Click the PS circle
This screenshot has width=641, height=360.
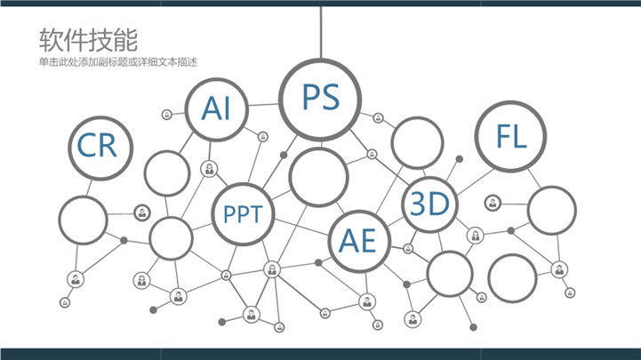click(320, 60)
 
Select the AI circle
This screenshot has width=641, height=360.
click(217, 79)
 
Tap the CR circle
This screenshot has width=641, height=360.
click(100, 117)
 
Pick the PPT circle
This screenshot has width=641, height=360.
click(243, 185)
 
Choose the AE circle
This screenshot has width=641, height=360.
click(359, 212)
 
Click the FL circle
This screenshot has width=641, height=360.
click(510, 102)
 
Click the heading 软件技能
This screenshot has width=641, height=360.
click(88, 40)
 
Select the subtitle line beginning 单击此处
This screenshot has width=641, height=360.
click(117, 62)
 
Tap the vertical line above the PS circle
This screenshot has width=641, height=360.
click(321, 32)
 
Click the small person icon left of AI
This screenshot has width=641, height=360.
click(167, 115)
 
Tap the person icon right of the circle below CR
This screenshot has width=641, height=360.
click(142, 213)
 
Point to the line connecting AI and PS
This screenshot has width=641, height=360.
click(264, 105)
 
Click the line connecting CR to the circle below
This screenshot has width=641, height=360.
click(89, 188)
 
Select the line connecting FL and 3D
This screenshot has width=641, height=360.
click(476, 182)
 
